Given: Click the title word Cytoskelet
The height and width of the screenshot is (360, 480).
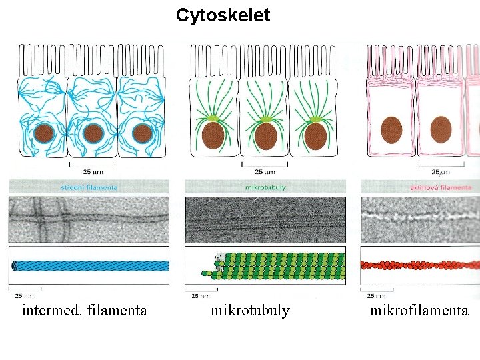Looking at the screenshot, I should point(223,15).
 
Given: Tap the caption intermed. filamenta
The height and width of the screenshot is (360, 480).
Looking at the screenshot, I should point(84,310).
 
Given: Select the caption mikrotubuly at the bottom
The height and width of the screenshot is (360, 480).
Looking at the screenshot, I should point(250,310).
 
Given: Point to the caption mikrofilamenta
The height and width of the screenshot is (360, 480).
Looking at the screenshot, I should point(419,310).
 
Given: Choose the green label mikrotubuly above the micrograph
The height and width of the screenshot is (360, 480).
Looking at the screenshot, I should point(265,187).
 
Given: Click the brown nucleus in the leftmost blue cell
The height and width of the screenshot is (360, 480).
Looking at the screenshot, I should point(45,133).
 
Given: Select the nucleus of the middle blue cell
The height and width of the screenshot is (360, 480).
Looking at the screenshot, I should point(93,133).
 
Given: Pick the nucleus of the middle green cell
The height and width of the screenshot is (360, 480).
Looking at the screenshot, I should point(265,135).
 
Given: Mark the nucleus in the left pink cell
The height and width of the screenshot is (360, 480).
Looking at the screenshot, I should point(391,129).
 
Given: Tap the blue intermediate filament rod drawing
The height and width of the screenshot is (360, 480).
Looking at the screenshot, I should point(90,265).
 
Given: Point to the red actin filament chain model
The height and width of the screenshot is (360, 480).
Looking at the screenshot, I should point(420,265).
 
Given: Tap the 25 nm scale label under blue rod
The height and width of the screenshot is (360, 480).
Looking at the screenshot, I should point(24,295).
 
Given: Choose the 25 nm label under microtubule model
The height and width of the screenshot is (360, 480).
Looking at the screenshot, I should point(200,295).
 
